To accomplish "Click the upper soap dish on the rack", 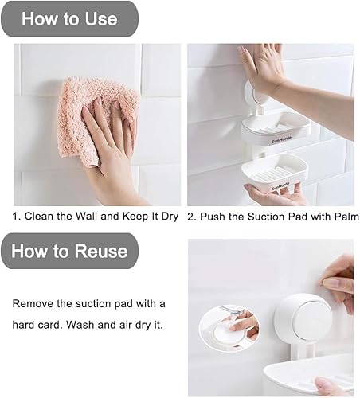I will [x=275, y=127].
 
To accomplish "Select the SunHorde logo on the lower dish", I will [x=280, y=185].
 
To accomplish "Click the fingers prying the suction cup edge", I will [x=338, y=279].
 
